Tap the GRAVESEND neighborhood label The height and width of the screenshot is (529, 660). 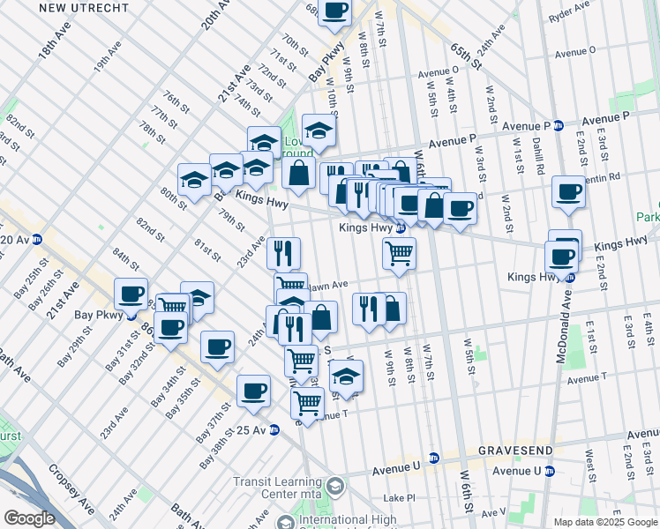[x=515, y=450]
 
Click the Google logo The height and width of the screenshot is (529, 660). [x=29, y=518]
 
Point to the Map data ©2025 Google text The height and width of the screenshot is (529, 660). [x=605, y=522]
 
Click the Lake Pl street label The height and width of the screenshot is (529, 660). [x=400, y=498]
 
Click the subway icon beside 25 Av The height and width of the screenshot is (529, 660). [x=274, y=430]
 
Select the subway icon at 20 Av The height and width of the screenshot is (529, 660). [x=37, y=239]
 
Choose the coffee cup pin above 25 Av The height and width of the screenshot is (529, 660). [x=253, y=391]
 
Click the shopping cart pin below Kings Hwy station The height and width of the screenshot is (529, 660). [x=399, y=253]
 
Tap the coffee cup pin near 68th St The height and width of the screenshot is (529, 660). [x=335, y=11]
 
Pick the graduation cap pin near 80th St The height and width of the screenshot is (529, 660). [x=194, y=180]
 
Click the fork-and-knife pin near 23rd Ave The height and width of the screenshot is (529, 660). [x=283, y=254]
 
